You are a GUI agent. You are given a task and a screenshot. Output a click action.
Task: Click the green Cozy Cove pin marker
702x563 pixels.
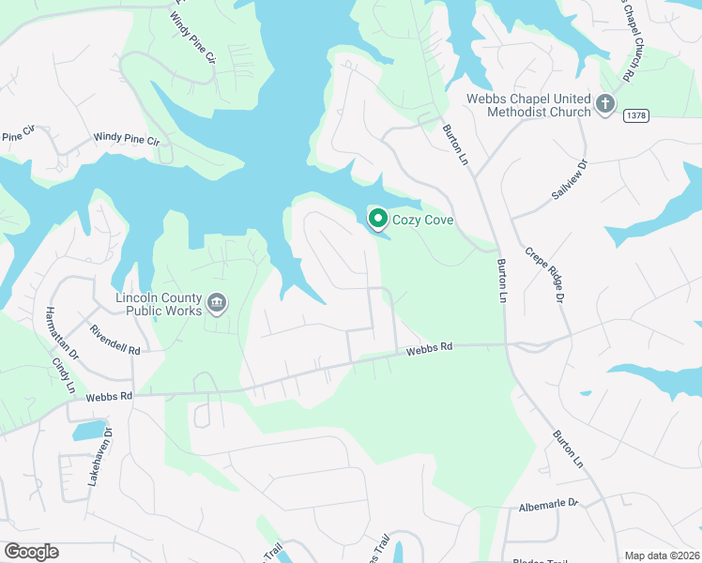click(x=377, y=220)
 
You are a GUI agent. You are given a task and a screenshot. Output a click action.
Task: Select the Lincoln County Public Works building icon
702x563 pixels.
click(x=217, y=302)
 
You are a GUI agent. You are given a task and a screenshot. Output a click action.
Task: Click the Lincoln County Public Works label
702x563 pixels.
click(x=158, y=304)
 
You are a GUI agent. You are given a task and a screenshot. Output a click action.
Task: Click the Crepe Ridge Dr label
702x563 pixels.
click(x=545, y=274)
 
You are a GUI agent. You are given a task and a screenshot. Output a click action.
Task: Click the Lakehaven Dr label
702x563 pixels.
click(x=100, y=456)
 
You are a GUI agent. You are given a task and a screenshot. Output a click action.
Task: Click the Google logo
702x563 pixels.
click(x=31, y=552)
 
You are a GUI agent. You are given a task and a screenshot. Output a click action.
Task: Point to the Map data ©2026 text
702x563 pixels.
click(x=660, y=555)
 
